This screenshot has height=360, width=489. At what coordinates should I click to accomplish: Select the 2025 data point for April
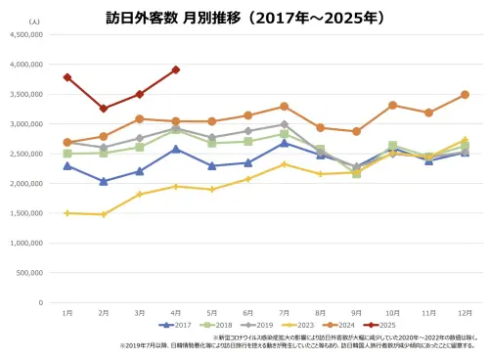tap(175, 69)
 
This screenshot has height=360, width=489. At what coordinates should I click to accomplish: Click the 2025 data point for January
tap(67, 77)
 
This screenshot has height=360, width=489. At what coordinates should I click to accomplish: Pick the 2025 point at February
tap(103, 109)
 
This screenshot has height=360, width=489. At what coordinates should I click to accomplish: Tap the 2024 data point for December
tap(465, 95)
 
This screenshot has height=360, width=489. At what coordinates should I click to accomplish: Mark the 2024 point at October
tap(392, 105)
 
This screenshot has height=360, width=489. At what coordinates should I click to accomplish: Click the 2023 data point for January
tap(67, 213)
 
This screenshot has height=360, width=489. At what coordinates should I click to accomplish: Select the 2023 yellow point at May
tap(211, 189)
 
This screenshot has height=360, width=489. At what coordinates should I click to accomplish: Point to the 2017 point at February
tap(103, 181)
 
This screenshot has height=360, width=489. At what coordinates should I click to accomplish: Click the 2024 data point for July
tap(284, 106)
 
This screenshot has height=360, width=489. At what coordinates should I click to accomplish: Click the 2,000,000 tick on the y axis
tap(26, 184)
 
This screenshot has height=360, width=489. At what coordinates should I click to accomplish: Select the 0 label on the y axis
tap(39, 303)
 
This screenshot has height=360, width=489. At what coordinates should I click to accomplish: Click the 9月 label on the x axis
tap(356, 312)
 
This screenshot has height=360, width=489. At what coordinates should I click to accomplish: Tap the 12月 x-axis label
tap(465, 312)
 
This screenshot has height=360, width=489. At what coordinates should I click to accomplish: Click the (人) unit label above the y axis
tap(34, 21)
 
